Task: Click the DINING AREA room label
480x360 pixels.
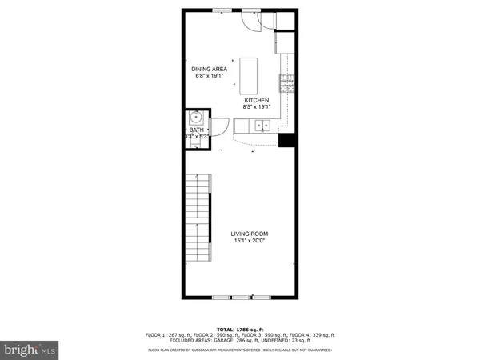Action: click(210, 70)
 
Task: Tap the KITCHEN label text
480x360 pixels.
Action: click(257, 100)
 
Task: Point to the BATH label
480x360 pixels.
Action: click(196, 130)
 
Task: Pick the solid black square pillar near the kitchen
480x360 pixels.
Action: click(287, 140)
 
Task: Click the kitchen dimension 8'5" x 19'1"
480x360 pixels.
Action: click(257, 107)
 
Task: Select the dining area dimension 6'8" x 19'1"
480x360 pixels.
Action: click(210, 77)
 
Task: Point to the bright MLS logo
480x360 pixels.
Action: click(30, 349)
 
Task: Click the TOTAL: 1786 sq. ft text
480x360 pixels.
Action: click(239, 329)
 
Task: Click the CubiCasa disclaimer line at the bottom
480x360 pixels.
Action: click(239, 350)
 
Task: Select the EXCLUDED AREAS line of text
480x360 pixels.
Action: click(239, 342)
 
